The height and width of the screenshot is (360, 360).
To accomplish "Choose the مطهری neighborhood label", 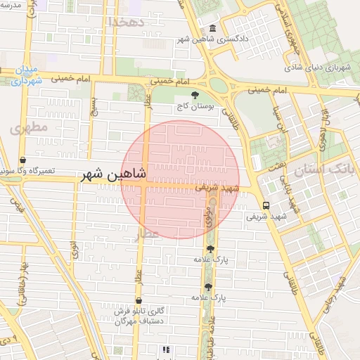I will point(29,127).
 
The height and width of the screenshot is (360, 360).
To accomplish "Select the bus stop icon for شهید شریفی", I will point(266,205).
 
